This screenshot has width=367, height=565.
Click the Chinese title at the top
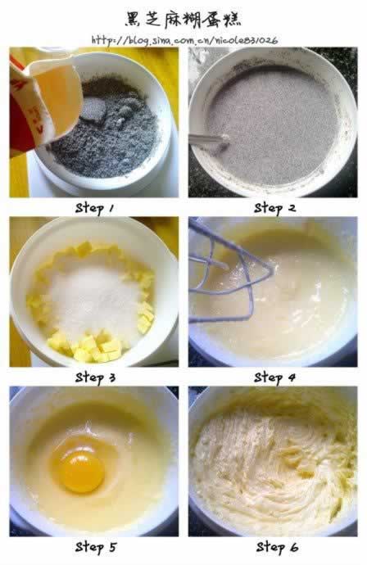pos(183,19)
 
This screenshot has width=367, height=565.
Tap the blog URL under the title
pos(184,39)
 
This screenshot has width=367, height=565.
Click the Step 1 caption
pos(94,208)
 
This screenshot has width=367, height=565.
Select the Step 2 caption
pos(274,208)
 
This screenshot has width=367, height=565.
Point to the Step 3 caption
pos(95,377)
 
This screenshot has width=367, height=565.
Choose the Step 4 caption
pos(274,377)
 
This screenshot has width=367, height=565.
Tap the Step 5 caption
pos(96,547)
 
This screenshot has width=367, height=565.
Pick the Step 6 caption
pos(277,547)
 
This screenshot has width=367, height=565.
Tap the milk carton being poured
pos(43,101)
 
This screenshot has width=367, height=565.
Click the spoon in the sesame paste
pos(208,139)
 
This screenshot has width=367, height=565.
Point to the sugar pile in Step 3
pos(94,299)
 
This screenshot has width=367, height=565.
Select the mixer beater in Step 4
pos(231,273)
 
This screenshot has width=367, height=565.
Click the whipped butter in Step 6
pos(274,465)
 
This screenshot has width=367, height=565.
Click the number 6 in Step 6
pos(294,548)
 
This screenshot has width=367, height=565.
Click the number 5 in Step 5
pos(112,548)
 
